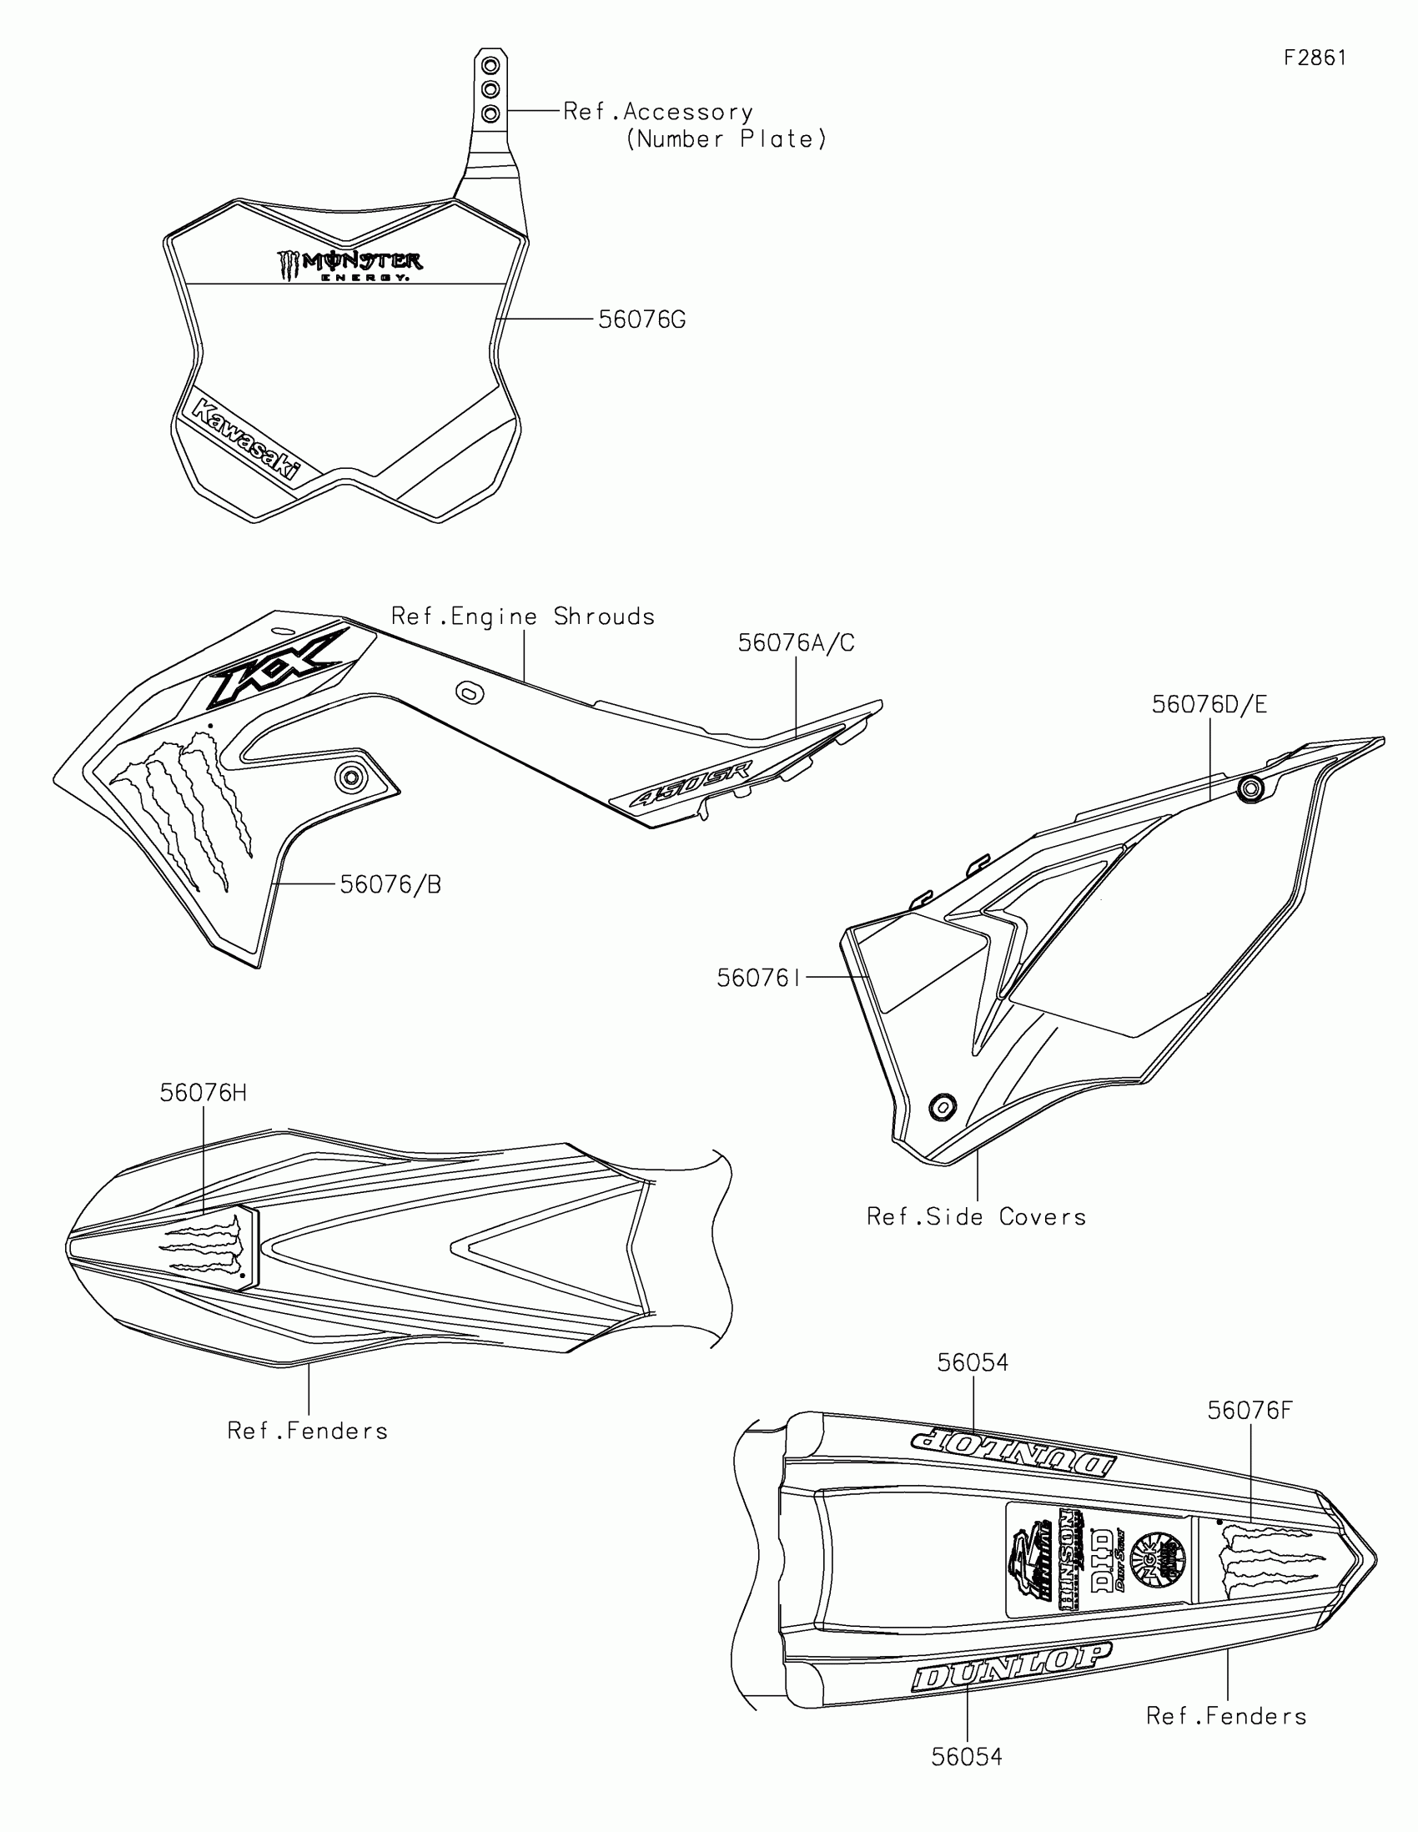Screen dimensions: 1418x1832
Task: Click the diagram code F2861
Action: click(x=1315, y=58)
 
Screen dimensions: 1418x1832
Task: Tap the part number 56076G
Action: click(x=641, y=320)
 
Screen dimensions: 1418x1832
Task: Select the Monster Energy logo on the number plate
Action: click(x=349, y=265)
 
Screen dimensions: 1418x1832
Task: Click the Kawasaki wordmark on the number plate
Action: click(x=245, y=440)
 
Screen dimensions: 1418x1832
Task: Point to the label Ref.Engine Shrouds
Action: click(x=522, y=617)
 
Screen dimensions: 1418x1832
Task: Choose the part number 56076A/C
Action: click(x=796, y=642)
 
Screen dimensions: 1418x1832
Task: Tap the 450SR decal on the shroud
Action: click(x=691, y=784)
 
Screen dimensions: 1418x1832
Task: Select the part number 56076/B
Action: click(x=390, y=884)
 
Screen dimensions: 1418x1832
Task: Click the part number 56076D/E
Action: click(x=1209, y=705)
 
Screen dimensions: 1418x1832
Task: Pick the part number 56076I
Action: click(x=759, y=978)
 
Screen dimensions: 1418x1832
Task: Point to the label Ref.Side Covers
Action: click(x=976, y=1216)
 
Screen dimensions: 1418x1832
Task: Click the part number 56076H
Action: click(x=203, y=1093)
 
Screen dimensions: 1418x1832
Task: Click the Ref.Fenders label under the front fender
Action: click(x=308, y=1431)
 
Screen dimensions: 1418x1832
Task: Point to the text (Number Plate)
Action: click(x=727, y=139)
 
